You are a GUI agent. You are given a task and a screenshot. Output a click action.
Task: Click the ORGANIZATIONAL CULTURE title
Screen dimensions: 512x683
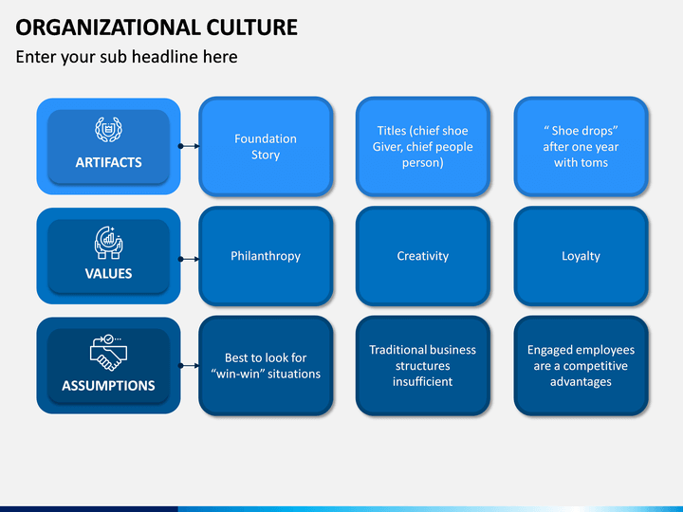tap(157, 27)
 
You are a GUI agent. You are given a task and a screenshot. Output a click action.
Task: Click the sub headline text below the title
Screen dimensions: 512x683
tap(126, 57)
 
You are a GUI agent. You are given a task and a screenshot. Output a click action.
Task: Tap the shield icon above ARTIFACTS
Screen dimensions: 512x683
tap(108, 130)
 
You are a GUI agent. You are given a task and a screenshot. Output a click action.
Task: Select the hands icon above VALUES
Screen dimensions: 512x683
tap(108, 242)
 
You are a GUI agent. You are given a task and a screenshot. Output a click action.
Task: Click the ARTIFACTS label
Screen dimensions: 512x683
tap(108, 162)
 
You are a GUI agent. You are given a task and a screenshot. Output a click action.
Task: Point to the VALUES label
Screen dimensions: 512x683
tap(108, 273)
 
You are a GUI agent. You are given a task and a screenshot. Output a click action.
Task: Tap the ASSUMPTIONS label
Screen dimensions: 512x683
tap(108, 385)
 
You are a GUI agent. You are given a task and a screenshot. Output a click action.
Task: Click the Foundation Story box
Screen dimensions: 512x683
tap(266, 146)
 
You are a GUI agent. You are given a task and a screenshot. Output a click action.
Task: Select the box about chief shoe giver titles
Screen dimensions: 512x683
tap(422, 146)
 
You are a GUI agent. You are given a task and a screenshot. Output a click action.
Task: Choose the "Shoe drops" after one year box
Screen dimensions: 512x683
tap(581, 146)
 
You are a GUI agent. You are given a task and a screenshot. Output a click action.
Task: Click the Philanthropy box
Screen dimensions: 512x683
tap(266, 256)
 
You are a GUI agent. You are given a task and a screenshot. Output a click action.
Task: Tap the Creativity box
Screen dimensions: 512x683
tap(422, 256)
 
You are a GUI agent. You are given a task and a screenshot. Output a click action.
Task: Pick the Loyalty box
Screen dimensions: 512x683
tap(581, 256)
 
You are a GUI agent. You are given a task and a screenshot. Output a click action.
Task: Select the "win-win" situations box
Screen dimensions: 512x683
tap(266, 366)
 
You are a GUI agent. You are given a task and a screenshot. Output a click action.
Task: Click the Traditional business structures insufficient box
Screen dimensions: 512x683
tap(422, 366)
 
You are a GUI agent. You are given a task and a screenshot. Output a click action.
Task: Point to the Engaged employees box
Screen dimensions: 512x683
tap(581, 366)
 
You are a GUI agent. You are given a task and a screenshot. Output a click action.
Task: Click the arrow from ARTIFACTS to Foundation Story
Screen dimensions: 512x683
tap(189, 146)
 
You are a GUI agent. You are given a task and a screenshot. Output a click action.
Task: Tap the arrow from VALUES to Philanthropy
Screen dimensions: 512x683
tap(189, 258)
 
